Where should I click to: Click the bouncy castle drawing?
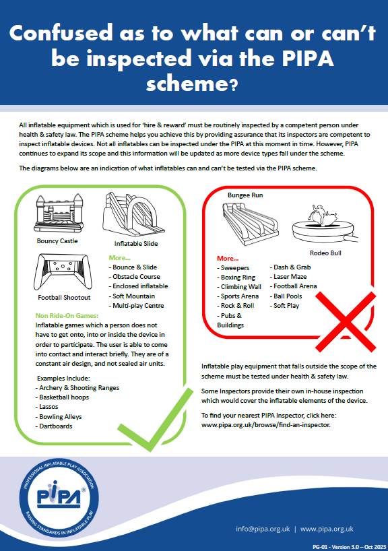(57, 214)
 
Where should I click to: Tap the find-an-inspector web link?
(265, 426)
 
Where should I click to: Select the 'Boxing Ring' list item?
(238, 277)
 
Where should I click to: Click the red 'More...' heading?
(228, 258)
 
